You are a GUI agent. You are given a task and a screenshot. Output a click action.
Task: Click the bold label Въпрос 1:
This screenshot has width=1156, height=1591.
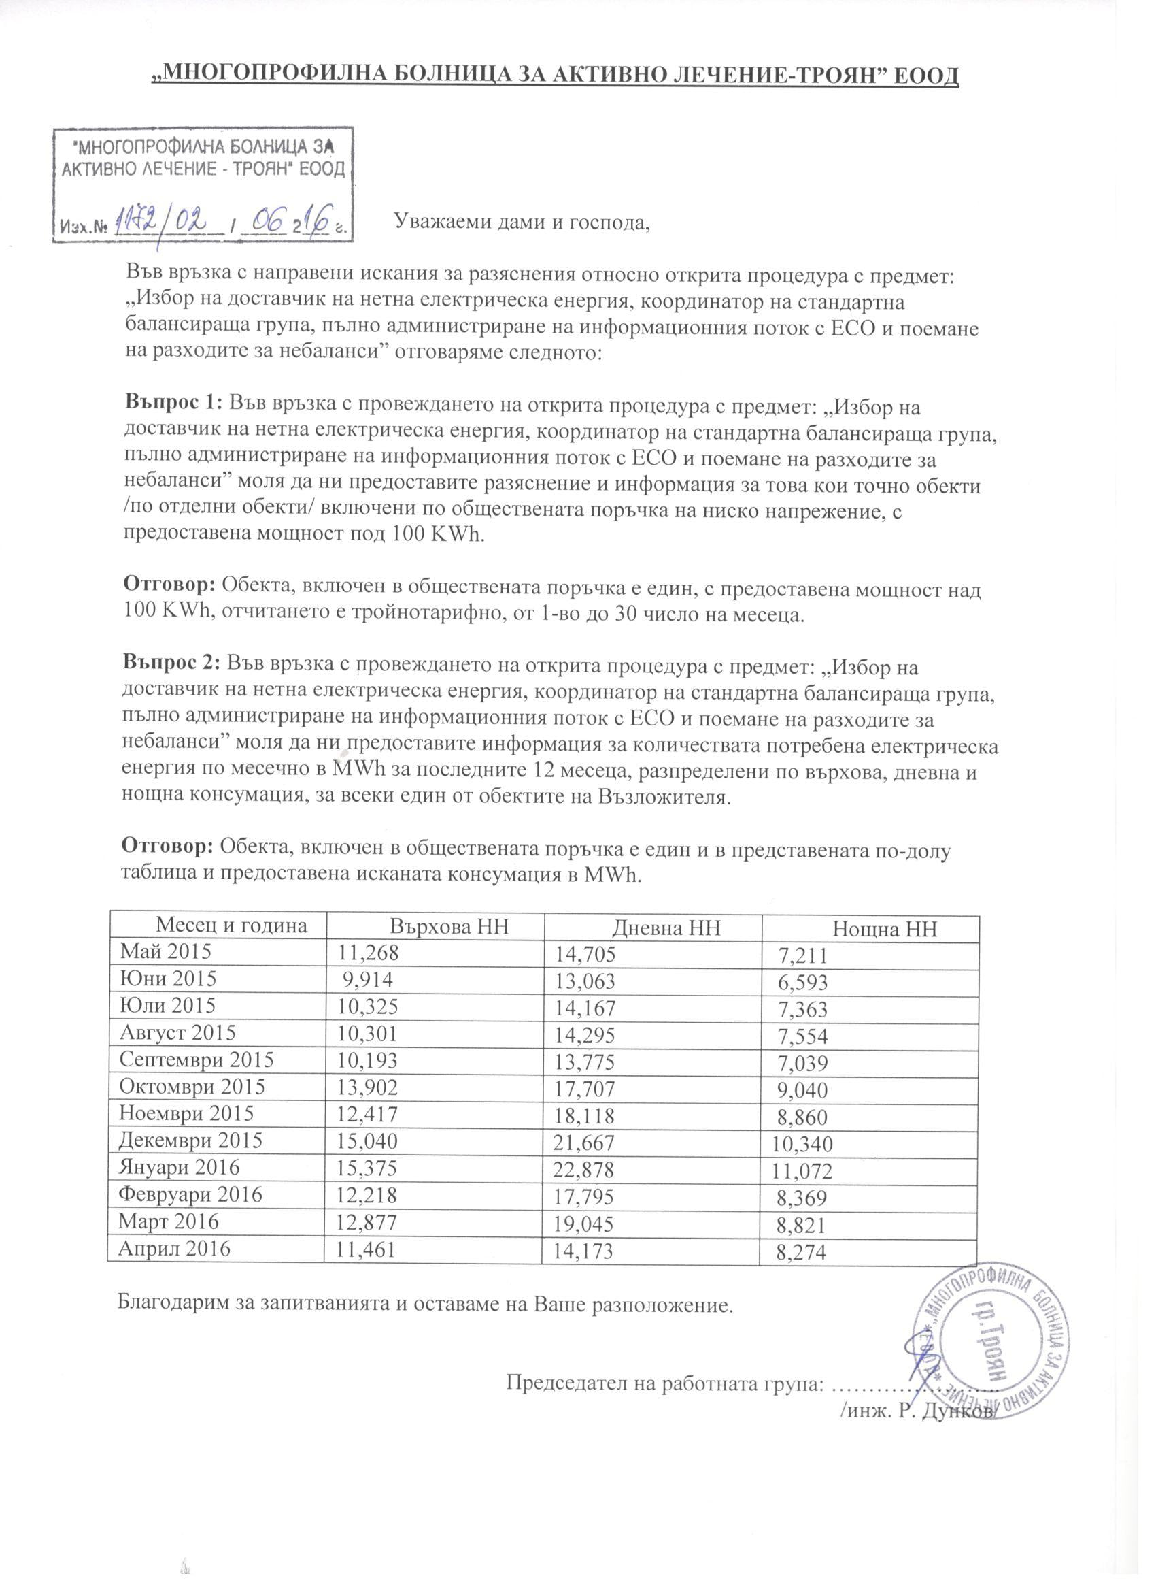point(173,404)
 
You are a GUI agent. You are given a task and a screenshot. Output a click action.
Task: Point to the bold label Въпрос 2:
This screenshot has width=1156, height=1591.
point(172,661)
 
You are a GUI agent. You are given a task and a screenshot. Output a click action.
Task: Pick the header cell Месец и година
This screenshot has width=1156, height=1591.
point(231,925)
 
